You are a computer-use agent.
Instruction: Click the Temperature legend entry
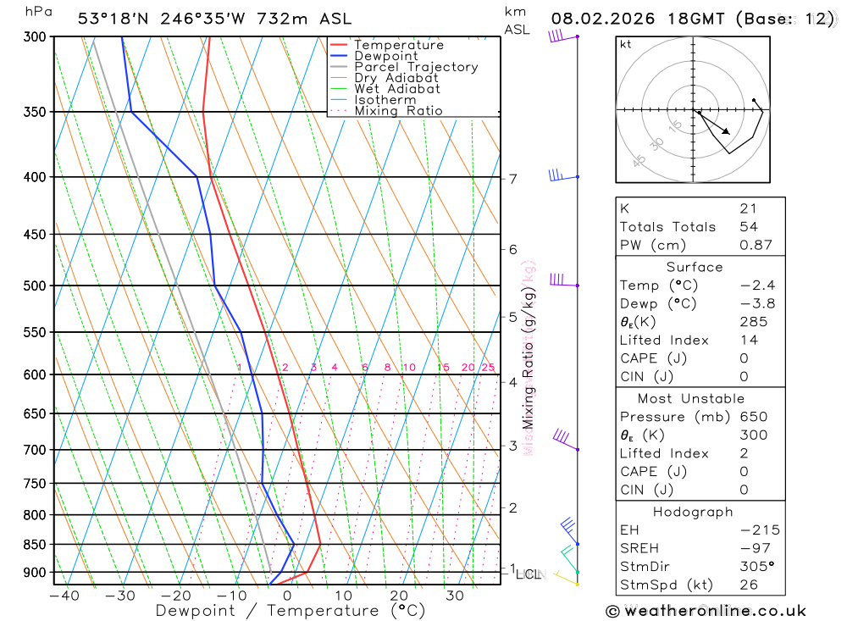coord(398,45)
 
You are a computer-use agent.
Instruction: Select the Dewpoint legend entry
coord(385,56)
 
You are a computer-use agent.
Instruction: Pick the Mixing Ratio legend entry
coord(398,111)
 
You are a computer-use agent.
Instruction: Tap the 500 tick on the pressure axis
coord(35,286)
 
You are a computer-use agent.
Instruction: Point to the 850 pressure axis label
coord(35,544)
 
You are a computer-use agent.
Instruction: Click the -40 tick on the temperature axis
coord(64,596)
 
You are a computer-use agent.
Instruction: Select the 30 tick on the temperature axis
coord(455,596)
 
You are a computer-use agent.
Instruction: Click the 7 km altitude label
coord(512,179)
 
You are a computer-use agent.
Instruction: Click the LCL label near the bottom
coord(527,574)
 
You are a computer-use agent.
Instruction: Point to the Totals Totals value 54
coord(748,227)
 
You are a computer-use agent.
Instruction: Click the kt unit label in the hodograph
coord(626,44)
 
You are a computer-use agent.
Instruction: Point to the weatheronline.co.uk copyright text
coord(706,611)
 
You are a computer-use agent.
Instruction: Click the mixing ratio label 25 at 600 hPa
coord(488,367)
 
